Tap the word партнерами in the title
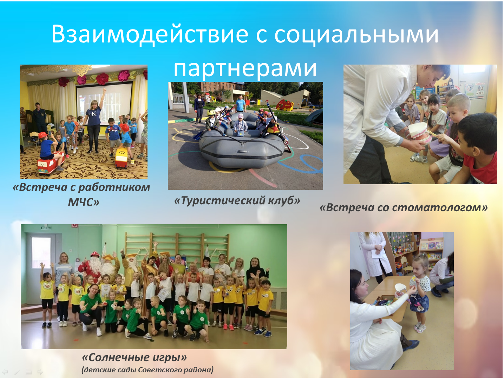click(x=245, y=68)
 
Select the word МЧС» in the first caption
click(x=84, y=202)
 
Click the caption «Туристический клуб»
click(x=237, y=201)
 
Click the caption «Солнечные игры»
click(x=134, y=357)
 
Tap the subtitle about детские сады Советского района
click(x=148, y=370)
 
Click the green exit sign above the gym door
click(x=45, y=228)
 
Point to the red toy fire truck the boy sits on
click(x=51, y=163)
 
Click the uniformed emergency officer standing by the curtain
click(x=40, y=119)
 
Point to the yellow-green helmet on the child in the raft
click(x=211, y=113)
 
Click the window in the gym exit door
click(x=41, y=252)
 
